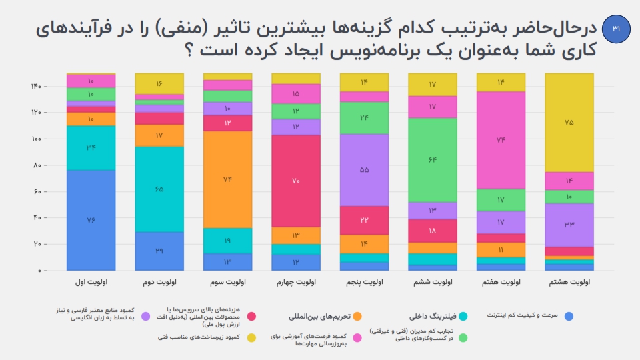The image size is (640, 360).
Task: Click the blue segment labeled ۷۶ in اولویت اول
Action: pyautogui.click(x=91, y=220)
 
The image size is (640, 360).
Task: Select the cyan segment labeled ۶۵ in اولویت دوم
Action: pyautogui.click(x=159, y=189)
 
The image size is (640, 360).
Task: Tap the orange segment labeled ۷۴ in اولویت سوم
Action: pyautogui.click(x=227, y=179)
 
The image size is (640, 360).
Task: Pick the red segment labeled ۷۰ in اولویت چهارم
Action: pyautogui.click(x=295, y=181)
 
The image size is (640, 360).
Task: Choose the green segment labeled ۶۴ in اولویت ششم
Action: pyautogui.click(x=432, y=160)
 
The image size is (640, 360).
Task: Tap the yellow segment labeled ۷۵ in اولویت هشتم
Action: pyautogui.click(x=569, y=122)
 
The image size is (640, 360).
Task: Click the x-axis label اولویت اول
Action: pyautogui.click(x=91, y=283)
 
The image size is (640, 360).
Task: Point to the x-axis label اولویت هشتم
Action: pyautogui.click(x=569, y=283)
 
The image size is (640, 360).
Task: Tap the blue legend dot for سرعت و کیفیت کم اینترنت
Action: pyautogui.click(x=569, y=316)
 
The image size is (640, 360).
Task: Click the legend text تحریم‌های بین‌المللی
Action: pyautogui.click(x=319, y=316)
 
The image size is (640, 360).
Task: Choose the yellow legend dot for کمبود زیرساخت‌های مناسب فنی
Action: pyautogui.click(x=251, y=338)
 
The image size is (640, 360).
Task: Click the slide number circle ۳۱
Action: pyautogui.click(x=615, y=29)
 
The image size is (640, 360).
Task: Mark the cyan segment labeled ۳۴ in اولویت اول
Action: pyautogui.click(x=91, y=147)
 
